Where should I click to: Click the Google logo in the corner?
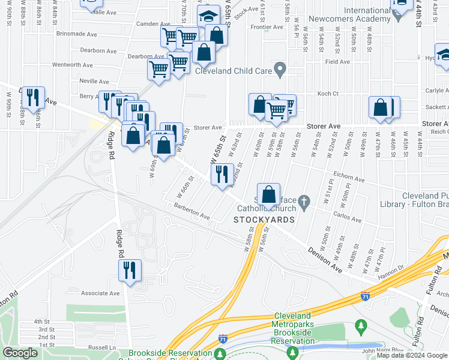(x=20, y=353)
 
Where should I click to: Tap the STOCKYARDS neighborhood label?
(x=264, y=220)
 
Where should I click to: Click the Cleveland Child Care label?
(x=233, y=70)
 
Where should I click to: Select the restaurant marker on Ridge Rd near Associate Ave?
(x=130, y=271)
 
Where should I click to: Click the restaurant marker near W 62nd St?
(x=222, y=175)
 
